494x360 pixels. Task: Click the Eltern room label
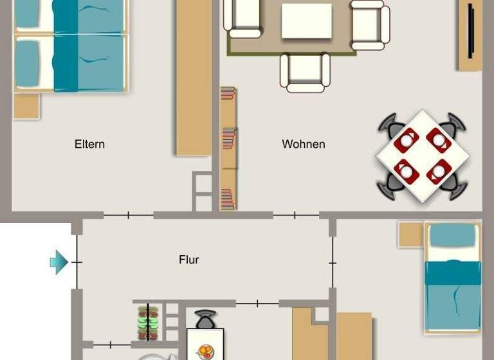pyautogui.click(x=89, y=144)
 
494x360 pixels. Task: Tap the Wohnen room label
pyautogui.click(x=304, y=144)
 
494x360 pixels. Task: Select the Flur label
pyautogui.click(x=189, y=260)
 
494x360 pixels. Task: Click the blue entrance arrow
pyautogui.click(x=59, y=262)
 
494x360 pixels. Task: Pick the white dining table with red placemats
pyautogui.click(x=423, y=156)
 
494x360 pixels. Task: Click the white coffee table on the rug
pyautogui.click(x=306, y=21)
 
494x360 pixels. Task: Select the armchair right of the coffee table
pyautogui.click(x=370, y=24)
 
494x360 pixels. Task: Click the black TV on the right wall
pyautogui.click(x=471, y=31)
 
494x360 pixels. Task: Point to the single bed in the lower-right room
pyautogui.click(x=453, y=278)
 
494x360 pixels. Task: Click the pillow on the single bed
pyautogui.click(x=453, y=236)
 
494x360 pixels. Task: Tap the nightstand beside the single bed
pyautogui.click(x=410, y=235)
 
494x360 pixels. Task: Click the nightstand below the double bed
pyautogui.click(x=26, y=106)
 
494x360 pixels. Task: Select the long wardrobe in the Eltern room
pyautogui.click(x=194, y=77)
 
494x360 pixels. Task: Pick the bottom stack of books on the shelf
pyautogui.click(x=228, y=199)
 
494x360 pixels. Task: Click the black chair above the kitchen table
pyautogui.click(x=205, y=319)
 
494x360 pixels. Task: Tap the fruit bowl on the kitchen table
pyautogui.click(x=205, y=352)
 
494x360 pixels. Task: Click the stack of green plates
pyautogui.click(x=148, y=322)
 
